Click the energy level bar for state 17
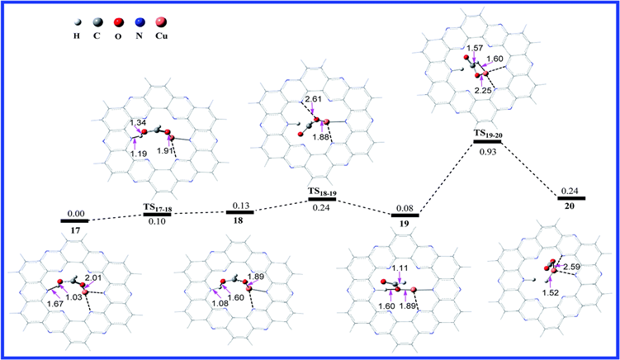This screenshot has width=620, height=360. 74,220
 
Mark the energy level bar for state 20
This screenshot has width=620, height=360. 570,198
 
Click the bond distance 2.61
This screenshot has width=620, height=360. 312,100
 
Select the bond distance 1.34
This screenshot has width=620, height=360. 136,123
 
